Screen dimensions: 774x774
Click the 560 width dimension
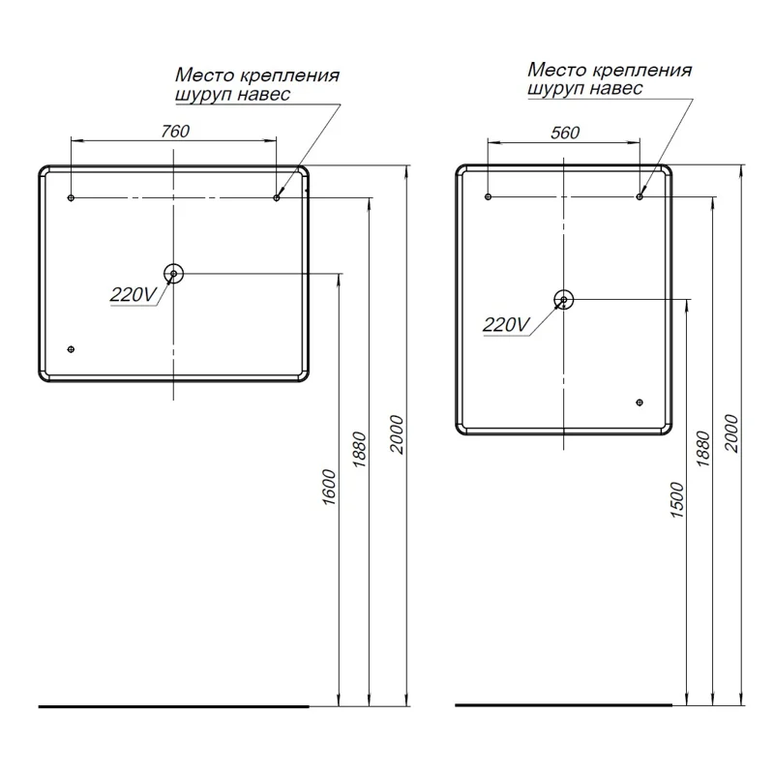[564, 133]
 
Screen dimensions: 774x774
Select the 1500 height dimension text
[676, 498]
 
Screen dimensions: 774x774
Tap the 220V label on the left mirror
[133, 296]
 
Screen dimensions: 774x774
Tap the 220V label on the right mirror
[506, 325]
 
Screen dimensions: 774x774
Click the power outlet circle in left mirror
[173, 274]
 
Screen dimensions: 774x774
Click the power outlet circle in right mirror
[564, 300]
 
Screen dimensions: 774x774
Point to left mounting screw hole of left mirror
[72, 198]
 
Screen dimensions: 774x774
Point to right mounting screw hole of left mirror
[277, 198]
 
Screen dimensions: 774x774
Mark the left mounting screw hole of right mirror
[489, 197]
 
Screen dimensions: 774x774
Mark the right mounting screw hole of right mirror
[640, 197]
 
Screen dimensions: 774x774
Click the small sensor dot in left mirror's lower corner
[70, 349]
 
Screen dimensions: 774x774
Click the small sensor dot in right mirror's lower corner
[639, 402]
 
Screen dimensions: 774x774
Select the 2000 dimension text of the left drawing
[396, 433]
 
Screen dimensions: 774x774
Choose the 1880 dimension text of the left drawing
[360, 450]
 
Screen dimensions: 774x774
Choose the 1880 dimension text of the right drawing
[703, 450]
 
